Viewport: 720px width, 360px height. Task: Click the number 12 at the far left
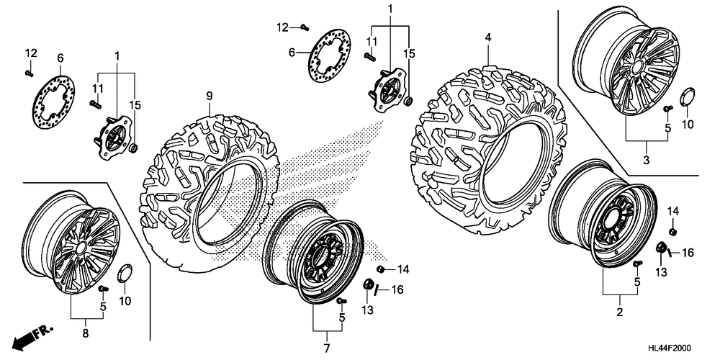[x=30, y=53]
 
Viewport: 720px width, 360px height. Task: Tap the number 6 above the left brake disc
[x=60, y=58]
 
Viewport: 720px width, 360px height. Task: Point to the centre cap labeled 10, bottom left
[x=122, y=274]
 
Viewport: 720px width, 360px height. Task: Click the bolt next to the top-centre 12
[x=304, y=28]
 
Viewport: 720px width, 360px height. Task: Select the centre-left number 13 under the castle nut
[x=369, y=310]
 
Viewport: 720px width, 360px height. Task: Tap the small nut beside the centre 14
[x=381, y=269]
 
